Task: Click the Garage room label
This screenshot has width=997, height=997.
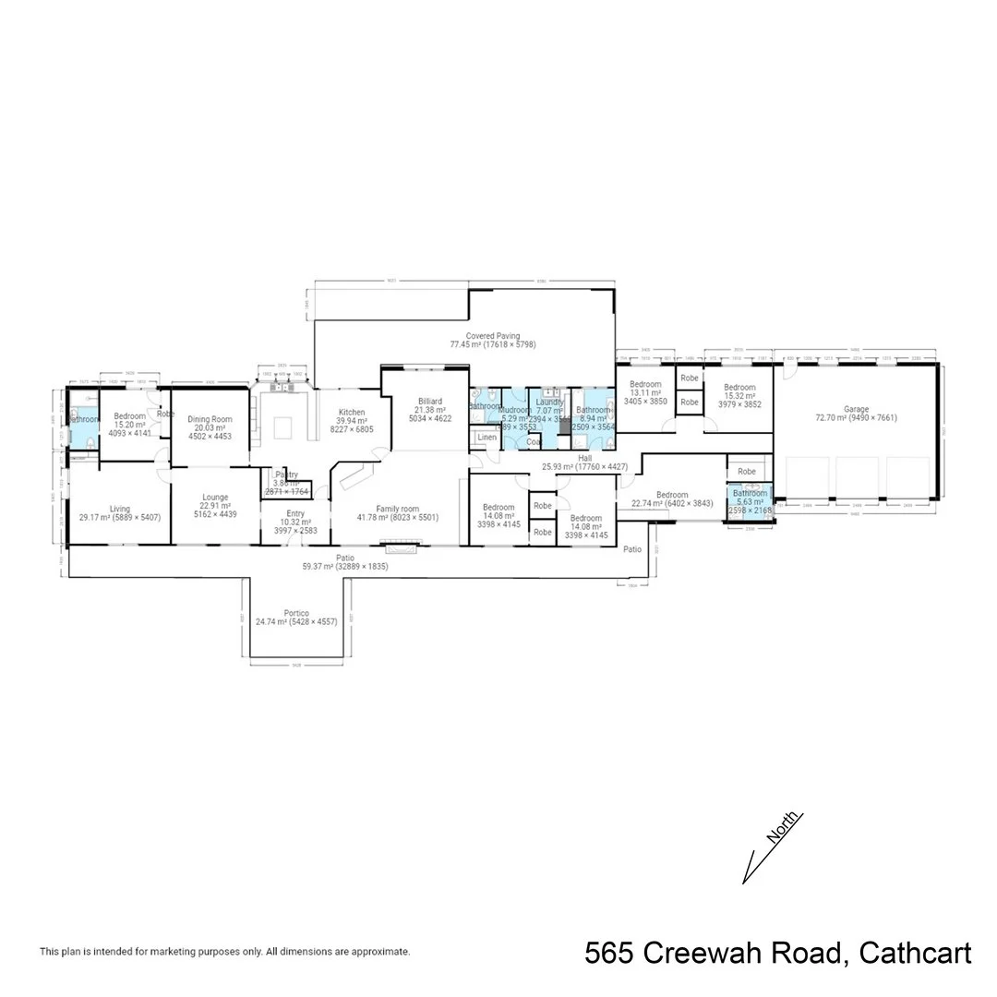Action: (856, 408)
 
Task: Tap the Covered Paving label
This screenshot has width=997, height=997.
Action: (492, 336)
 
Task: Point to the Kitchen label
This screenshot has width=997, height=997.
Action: (352, 412)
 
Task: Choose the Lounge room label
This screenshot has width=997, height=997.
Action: (215, 497)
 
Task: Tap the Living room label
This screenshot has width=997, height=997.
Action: (120, 508)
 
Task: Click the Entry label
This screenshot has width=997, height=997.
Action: (295, 513)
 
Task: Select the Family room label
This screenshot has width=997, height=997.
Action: (398, 508)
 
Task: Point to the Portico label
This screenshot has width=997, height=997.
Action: (296, 612)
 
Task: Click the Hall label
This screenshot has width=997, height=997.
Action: (585, 457)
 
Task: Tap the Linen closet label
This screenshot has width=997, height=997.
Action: (486, 437)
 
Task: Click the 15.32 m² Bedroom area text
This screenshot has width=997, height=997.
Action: (739, 395)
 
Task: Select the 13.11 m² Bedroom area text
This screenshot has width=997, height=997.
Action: (644, 392)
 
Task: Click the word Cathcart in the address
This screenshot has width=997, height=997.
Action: (916, 954)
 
